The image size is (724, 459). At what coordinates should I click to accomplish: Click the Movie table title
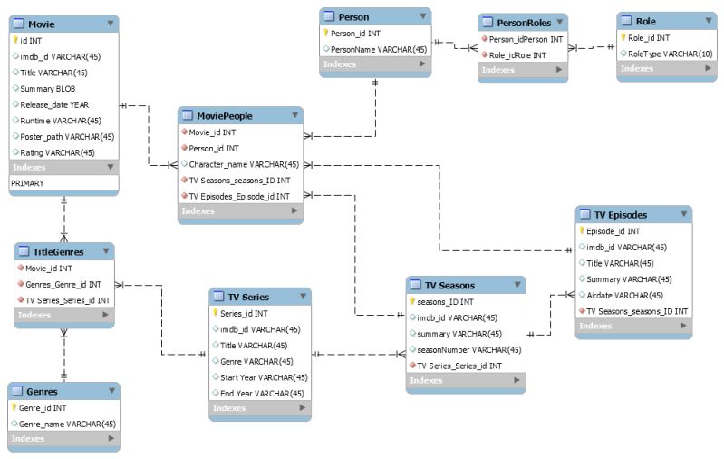coord(41,24)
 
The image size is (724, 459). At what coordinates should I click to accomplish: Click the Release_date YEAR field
coord(56,104)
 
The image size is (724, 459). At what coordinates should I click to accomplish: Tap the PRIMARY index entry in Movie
coord(27,182)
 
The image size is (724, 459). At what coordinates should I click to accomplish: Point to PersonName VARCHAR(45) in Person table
coord(379,49)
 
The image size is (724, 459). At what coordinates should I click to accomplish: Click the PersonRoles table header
coord(517,22)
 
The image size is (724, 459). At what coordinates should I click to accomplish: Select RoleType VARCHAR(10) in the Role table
coord(664,54)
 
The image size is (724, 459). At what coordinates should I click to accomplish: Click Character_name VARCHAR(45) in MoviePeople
coord(243,164)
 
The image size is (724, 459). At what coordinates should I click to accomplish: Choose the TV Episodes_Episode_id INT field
coord(238,196)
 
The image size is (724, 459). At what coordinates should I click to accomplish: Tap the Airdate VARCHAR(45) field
coord(624,295)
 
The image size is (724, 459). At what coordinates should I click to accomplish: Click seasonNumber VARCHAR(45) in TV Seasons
coord(468,349)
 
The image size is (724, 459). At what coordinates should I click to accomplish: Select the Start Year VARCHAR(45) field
coord(263,377)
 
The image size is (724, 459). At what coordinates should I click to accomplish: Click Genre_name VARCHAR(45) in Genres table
coord(67,424)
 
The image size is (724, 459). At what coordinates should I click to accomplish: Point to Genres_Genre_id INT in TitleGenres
coord(63,284)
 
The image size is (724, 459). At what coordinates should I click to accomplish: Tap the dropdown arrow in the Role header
coord(704,20)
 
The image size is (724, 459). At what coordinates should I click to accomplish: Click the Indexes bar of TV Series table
coord(259,408)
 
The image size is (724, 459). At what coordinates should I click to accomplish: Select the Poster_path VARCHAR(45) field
coord(67,136)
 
